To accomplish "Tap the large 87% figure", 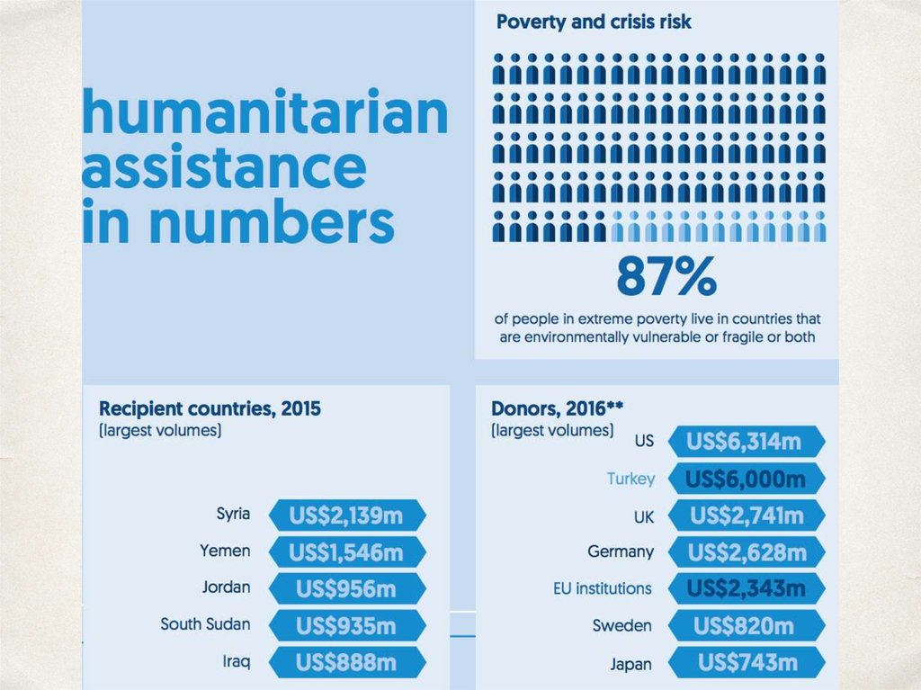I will click(x=666, y=277).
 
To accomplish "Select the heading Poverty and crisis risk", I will click(x=594, y=22).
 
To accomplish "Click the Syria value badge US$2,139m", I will click(x=346, y=515).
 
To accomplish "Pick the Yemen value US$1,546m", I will click(x=346, y=551).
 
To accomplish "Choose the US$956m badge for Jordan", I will click(x=346, y=589).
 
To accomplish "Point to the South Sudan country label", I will click(x=205, y=623).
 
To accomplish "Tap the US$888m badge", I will click(x=346, y=663).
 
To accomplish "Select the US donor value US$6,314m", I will click(x=744, y=442).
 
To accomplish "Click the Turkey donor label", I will click(x=630, y=479).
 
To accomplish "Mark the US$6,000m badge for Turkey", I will click(x=744, y=479).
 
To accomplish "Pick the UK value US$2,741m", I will click(x=744, y=515).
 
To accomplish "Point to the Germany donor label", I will click(x=621, y=551).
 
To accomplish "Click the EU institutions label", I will click(x=602, y=588).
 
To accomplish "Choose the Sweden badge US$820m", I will click(x=744, y=625).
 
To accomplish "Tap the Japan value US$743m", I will click(x=744, y=663).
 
